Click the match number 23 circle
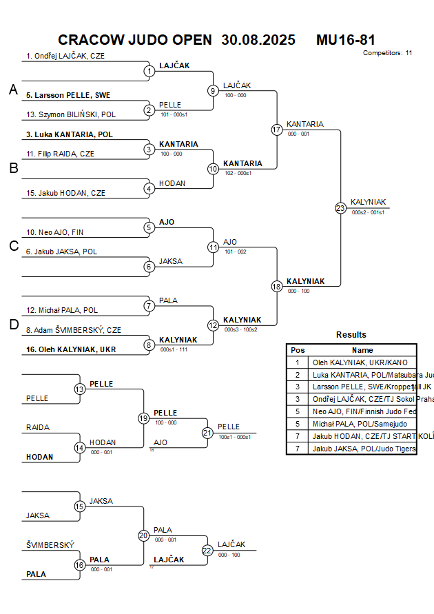pos(340,208)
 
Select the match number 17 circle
pos(277,130)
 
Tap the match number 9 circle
pos(213,90)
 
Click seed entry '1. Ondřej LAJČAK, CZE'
pos(65,56)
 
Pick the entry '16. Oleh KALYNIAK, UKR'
pos(71,349)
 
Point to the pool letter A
pos(12,90)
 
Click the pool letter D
pos(12,325)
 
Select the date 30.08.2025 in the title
pos(258,40)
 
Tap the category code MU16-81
pos(346,40)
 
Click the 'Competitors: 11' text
pos(387,52)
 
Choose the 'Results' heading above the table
pos(351,335)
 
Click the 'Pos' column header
pos(298,350)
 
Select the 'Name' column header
pos(362,350)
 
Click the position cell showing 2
pos(298,374)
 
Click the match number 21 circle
pos(207,433)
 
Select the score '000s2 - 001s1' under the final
pos(367,213)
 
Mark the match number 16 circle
pos(80,565)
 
